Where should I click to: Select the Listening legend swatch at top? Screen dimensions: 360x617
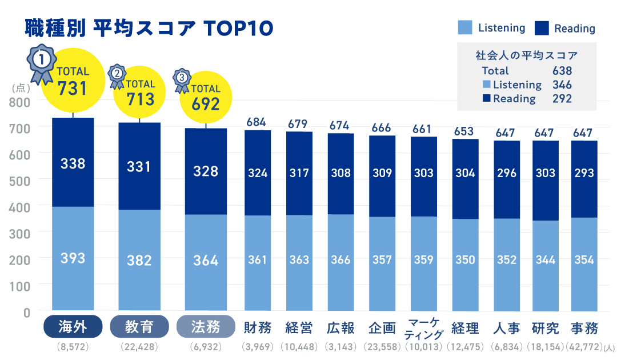click(465, 28)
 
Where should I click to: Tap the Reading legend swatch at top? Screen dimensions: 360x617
click(541, 28)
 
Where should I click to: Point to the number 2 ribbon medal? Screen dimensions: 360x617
click(117, 76)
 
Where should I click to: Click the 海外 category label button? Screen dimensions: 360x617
click(73, 327)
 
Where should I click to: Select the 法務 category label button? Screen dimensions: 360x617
click(206, 327)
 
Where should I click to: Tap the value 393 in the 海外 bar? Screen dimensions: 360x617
click(73, 258)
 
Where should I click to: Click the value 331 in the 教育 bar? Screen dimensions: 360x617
click(139, 167)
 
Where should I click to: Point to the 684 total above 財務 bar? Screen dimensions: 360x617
click(258, 122)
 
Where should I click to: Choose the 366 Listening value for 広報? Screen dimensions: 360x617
click(340, 260)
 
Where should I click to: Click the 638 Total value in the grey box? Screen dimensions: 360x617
click(562, 71)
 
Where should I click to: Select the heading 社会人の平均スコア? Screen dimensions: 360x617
click(526, 55)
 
